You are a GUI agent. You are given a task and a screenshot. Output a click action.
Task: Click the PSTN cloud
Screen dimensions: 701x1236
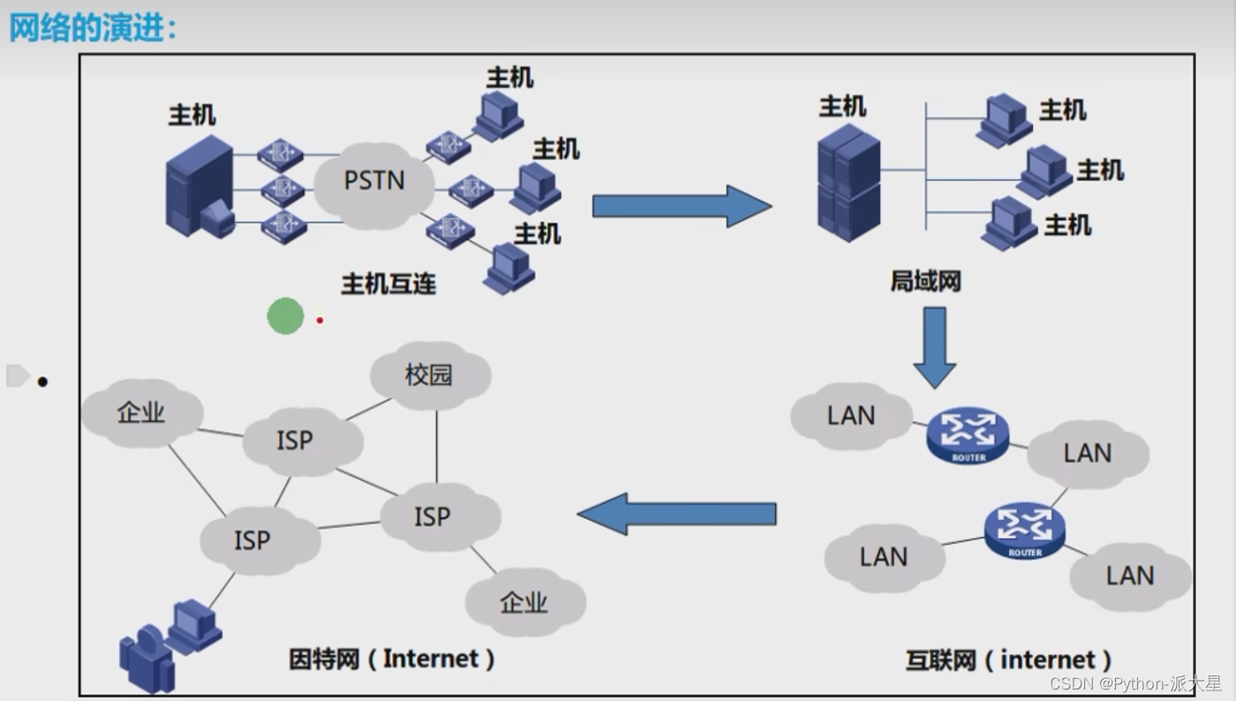pos(374,182)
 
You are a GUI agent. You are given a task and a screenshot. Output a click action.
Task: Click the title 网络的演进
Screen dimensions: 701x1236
pos(93,27)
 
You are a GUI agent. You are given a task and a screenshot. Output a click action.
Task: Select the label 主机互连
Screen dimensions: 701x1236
pos(388,283)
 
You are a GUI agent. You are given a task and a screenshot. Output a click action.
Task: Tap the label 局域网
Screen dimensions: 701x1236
pos(924,282)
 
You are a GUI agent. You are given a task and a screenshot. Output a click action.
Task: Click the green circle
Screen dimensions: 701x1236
pos(285,315)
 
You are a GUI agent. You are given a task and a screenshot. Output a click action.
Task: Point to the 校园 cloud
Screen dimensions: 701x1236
pos(429,376)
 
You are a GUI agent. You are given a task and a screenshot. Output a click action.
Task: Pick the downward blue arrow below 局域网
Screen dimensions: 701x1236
pos(935,347)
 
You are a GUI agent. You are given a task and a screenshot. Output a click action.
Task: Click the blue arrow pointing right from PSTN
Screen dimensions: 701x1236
pos(681,207)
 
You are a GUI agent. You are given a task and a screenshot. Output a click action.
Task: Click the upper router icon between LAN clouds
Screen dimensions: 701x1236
pos(968,433)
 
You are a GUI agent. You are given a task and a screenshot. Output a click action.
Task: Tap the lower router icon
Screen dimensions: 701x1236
pos(1025,530)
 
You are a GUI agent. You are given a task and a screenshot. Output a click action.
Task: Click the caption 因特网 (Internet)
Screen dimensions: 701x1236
pos(392,659)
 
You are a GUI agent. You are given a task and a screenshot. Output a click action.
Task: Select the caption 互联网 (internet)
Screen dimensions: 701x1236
pos(1008,660)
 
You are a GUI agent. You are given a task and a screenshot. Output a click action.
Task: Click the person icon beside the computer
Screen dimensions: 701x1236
pos(146,659)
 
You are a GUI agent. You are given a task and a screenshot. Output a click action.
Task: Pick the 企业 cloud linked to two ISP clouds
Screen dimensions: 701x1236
pos(141,413)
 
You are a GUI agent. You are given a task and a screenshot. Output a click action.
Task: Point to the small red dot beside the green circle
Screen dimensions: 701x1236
pos(320,320)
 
